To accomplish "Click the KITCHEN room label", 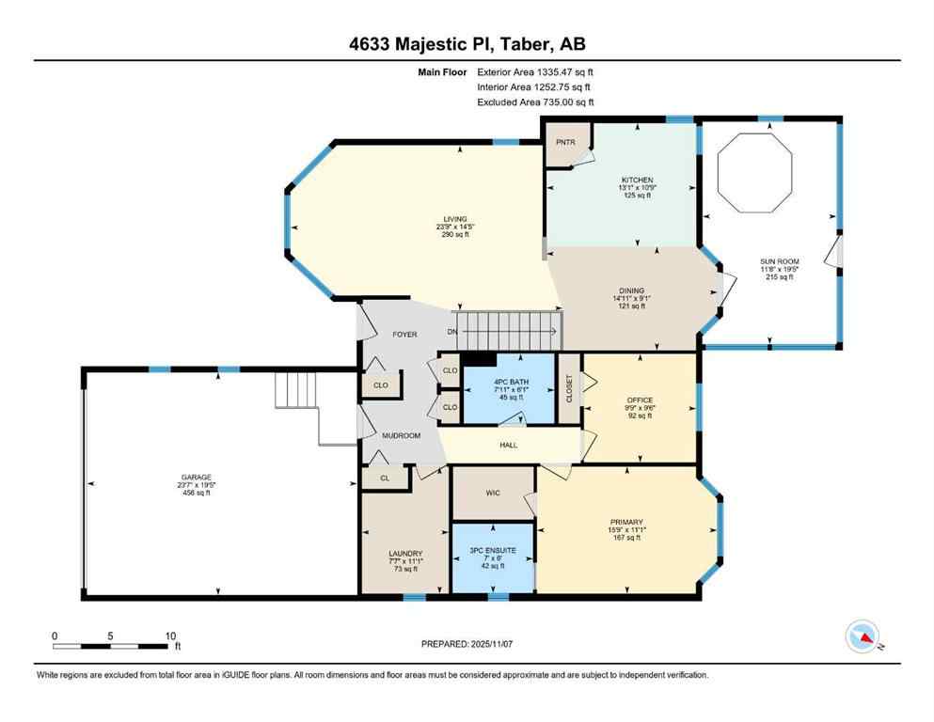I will (637, 180).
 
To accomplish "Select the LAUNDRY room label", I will (405, 553).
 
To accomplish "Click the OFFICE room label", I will (640, 400).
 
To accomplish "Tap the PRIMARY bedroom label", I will (625, 522).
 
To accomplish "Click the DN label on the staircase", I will (452, 332).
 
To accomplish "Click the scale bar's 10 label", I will (170, 636).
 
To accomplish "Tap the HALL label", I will (508, 445).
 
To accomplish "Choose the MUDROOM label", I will (400, 435).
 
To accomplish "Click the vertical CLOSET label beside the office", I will (569, 388).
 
